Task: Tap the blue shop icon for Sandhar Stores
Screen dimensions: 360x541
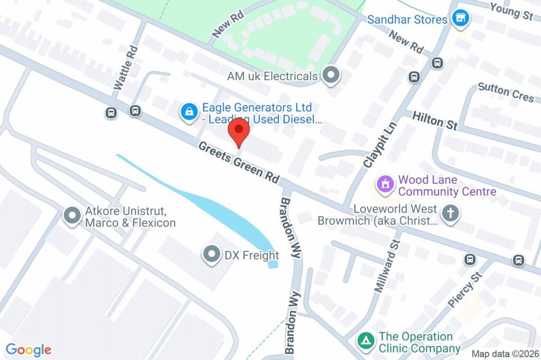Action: click(462, 19)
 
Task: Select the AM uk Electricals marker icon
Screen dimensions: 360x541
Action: click(331, 76)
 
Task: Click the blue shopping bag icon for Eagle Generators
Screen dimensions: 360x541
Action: click(188, 111)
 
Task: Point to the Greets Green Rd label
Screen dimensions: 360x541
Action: click(239, 162)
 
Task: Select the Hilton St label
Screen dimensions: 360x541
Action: click(435, 121)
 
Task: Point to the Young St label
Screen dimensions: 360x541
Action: click(511, 11)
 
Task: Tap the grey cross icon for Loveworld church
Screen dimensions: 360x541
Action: click(451, 214)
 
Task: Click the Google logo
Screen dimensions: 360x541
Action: click(29, 349)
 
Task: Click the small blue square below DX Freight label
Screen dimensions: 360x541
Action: click(273, 264)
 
